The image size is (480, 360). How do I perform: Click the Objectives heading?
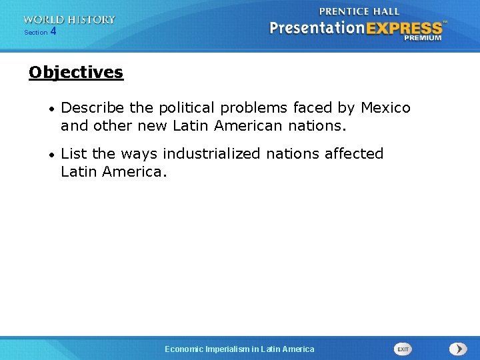tap(76, 72)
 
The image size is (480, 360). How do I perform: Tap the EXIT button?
tap(403, 349)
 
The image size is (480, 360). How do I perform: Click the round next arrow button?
tap(458, 349)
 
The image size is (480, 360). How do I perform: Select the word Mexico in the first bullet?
tap(386, 107)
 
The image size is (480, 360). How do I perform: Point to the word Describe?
tap(89, 107)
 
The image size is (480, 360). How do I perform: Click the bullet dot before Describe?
tap(51, 108)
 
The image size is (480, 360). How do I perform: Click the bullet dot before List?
tap(51, 154)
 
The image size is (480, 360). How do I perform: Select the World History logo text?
tap(69, 19)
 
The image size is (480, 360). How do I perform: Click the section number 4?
tap(53, 31)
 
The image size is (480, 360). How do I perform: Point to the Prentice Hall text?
tap(359, 11)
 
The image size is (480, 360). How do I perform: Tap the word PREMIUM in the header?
tap(422, 38)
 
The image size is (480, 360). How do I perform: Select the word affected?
tap(354, 153)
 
